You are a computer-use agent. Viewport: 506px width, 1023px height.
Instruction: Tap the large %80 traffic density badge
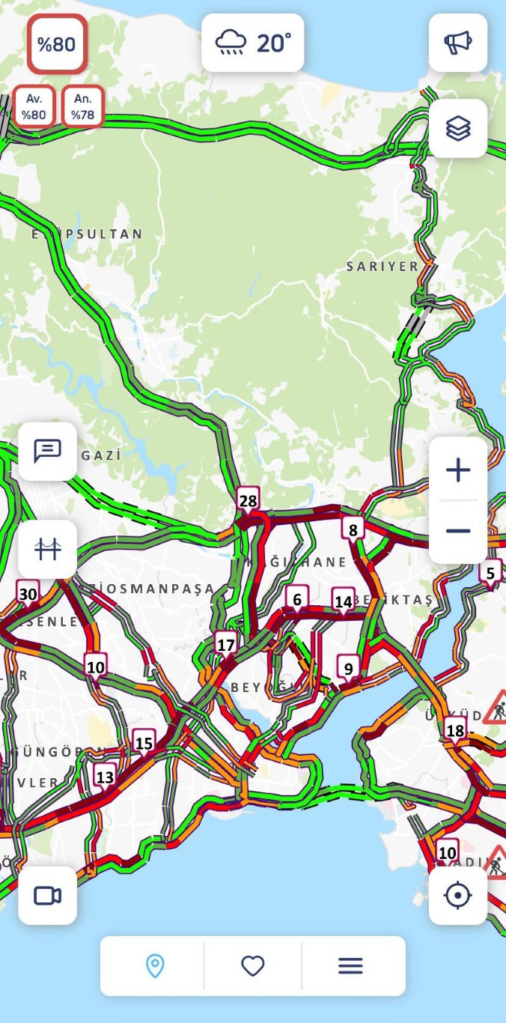[x=57, y=44]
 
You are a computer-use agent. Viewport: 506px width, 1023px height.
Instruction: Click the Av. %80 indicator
[x=34, y=107]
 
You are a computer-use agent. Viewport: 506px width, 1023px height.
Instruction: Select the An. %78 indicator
[x=82, y=107]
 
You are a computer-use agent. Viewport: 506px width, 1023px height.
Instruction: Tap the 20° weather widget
[x=252, y=43]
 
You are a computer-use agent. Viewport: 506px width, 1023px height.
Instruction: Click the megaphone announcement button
[x=458, y=43]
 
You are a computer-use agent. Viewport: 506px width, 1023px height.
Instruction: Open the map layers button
[x=458, y=129]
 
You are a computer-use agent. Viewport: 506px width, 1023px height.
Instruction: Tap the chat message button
[x=48, y=452]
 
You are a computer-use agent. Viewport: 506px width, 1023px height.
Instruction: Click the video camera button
[x=48, y=896]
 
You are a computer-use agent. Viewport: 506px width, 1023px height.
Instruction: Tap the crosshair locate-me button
[x=458, y=896]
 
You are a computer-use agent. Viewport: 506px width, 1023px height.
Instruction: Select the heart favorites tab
[x=253, y=966]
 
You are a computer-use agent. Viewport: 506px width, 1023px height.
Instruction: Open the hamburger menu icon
[x=350, y=966]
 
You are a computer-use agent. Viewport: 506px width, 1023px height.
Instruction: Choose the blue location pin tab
[x=155, y=966]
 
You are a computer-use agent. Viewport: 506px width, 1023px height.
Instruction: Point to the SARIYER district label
[x=382, y=267]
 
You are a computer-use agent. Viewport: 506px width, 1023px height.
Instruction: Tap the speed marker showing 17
[x=225, y=644]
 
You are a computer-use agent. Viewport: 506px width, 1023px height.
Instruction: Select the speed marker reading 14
[x=344, y=601]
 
